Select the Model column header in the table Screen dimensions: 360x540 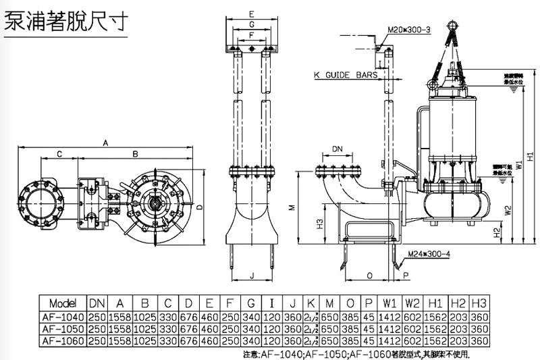[63, 304]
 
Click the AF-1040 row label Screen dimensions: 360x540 [63, 316]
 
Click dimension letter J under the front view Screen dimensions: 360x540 [250, 276]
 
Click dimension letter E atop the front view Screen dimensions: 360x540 [250, 14]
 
